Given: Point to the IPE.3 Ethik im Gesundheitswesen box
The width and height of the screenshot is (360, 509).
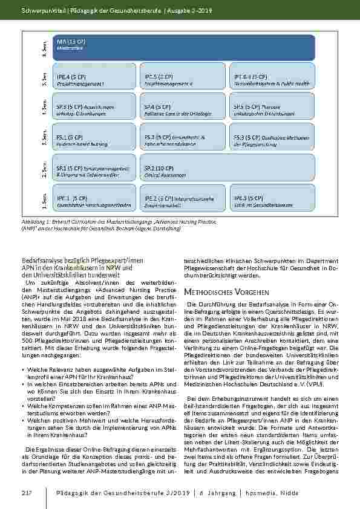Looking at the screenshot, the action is tap(269, 200).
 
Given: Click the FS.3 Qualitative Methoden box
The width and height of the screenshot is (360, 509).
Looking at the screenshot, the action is tap(269, 140).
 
